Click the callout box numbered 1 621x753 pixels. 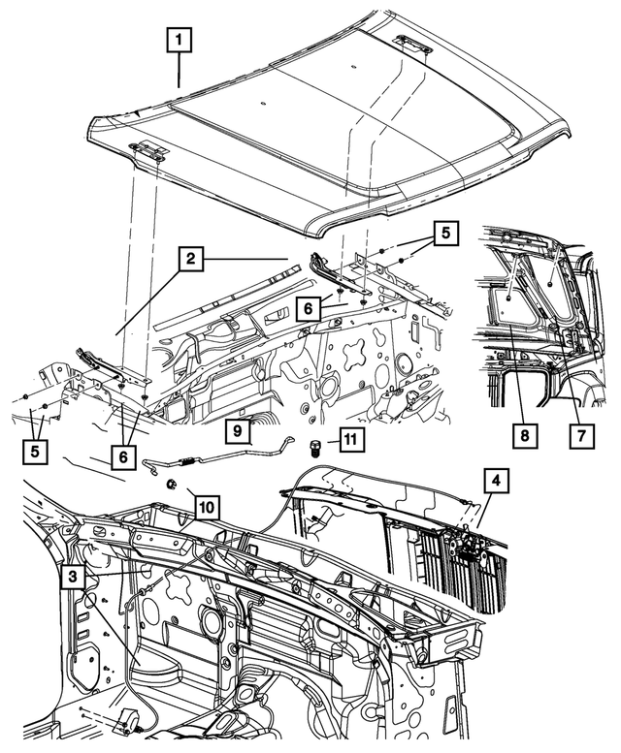coord(180,40)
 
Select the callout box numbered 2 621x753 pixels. coord(192,258)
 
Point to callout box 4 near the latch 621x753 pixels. coord(495,480)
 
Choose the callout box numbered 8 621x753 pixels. coord(523,437)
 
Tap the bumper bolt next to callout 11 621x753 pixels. coord(315,448)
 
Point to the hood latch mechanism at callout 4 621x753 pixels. coord(473,545)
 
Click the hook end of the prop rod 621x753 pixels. coord(289,441)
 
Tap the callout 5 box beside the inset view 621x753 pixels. coord(444,234)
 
